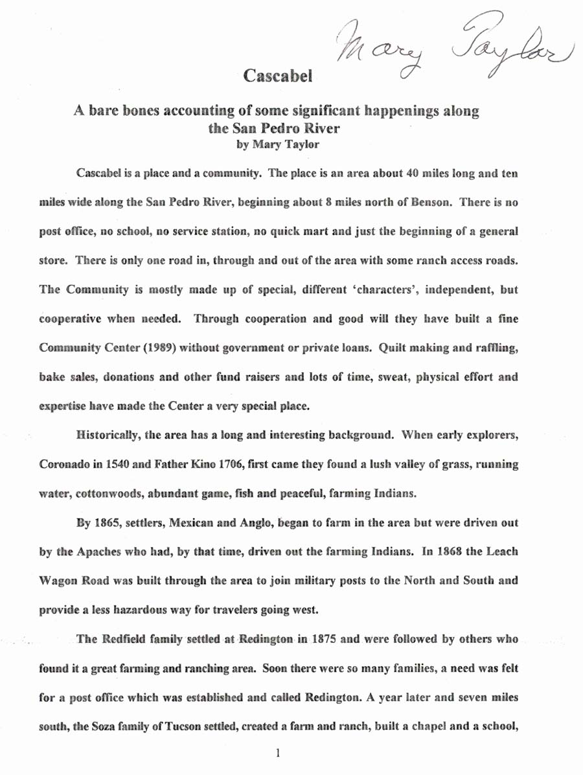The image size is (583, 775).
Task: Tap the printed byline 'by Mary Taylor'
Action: pyautogui.click(x=278, y=145)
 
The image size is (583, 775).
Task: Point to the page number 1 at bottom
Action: pyautogui.click(x=277, y=754)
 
